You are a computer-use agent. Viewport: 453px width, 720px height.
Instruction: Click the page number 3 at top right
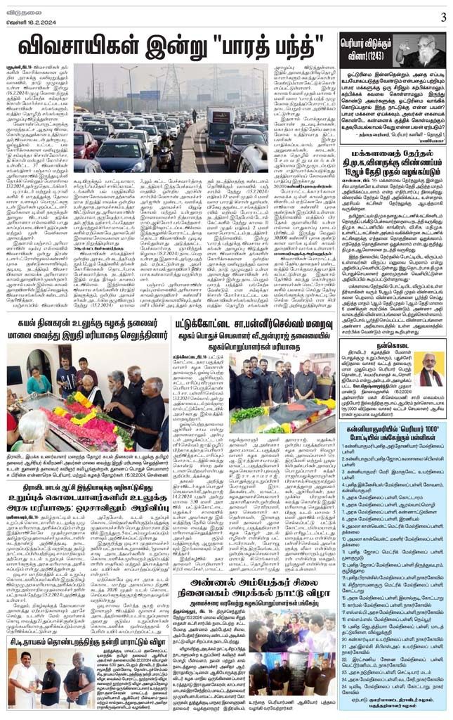click(442, 17)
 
